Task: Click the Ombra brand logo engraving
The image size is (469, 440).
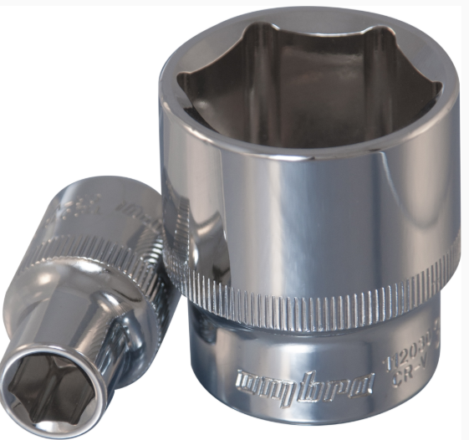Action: pyautogui.click(x=302, y=384)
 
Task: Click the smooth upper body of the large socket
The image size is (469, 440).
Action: pyautogui.click(x=309, y=192)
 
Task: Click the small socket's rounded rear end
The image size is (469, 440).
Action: pyautogui.click(x=134, y=188)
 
